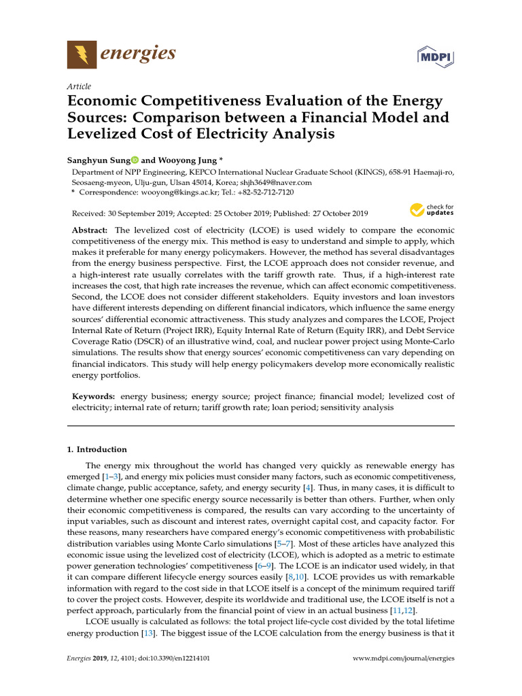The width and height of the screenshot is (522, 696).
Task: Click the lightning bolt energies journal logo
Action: (x=81, y=54)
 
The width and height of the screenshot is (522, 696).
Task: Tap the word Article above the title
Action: (x=79, y=86)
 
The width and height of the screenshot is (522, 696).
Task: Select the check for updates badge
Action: (x=432, y=210)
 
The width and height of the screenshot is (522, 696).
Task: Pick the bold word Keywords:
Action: (x=93, y=396)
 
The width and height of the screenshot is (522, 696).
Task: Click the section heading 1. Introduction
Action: (x=96, y=449)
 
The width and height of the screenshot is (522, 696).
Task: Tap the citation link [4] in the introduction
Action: (x=308, y=488)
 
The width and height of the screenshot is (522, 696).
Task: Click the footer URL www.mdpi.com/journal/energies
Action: (x=404, y=659)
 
